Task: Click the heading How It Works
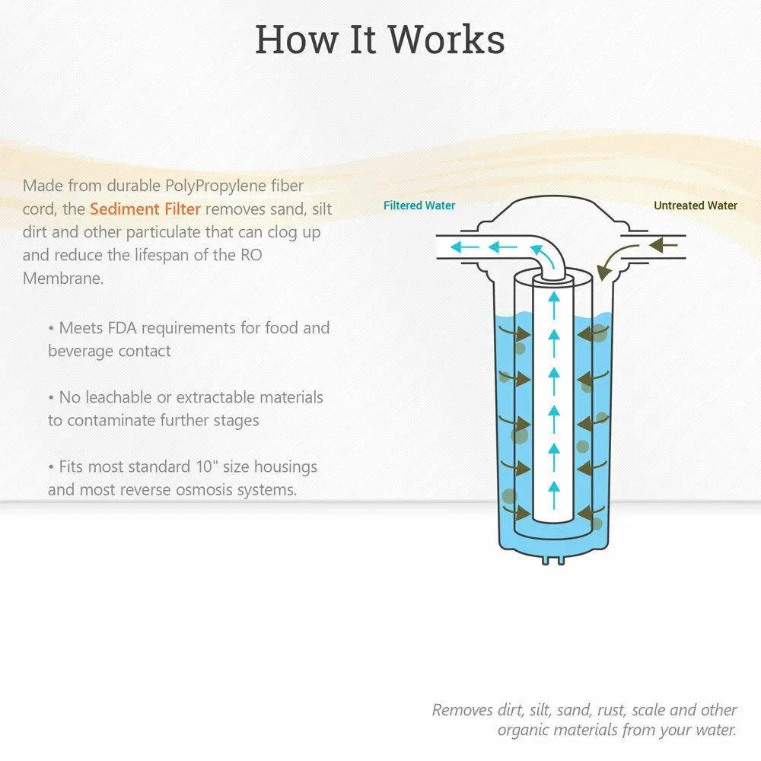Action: [x=379, y=40]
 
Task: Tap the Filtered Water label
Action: [x=419, y=205]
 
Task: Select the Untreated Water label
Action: [x=696, y=205]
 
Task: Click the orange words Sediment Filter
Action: [x=145, y=209]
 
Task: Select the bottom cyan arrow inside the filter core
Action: [x=553, y=488]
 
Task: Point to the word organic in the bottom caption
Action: [x=527, y=730]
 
